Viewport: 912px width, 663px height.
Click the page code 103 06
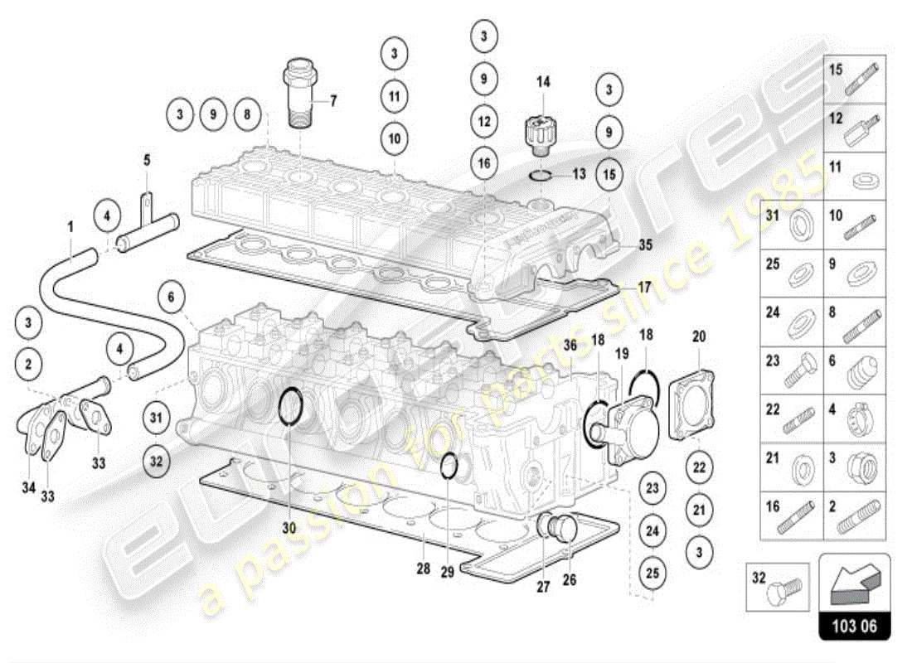point(854,627)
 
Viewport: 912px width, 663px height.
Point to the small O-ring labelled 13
point(541,174)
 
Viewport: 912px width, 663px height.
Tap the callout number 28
point(423,569)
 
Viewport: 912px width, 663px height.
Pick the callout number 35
point(646,244)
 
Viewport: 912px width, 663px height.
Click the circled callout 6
point(171,297)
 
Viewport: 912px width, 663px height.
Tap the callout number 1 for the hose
point(70,225)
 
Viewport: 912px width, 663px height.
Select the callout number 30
point(289,527)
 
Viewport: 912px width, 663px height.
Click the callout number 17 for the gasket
point(644,288)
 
